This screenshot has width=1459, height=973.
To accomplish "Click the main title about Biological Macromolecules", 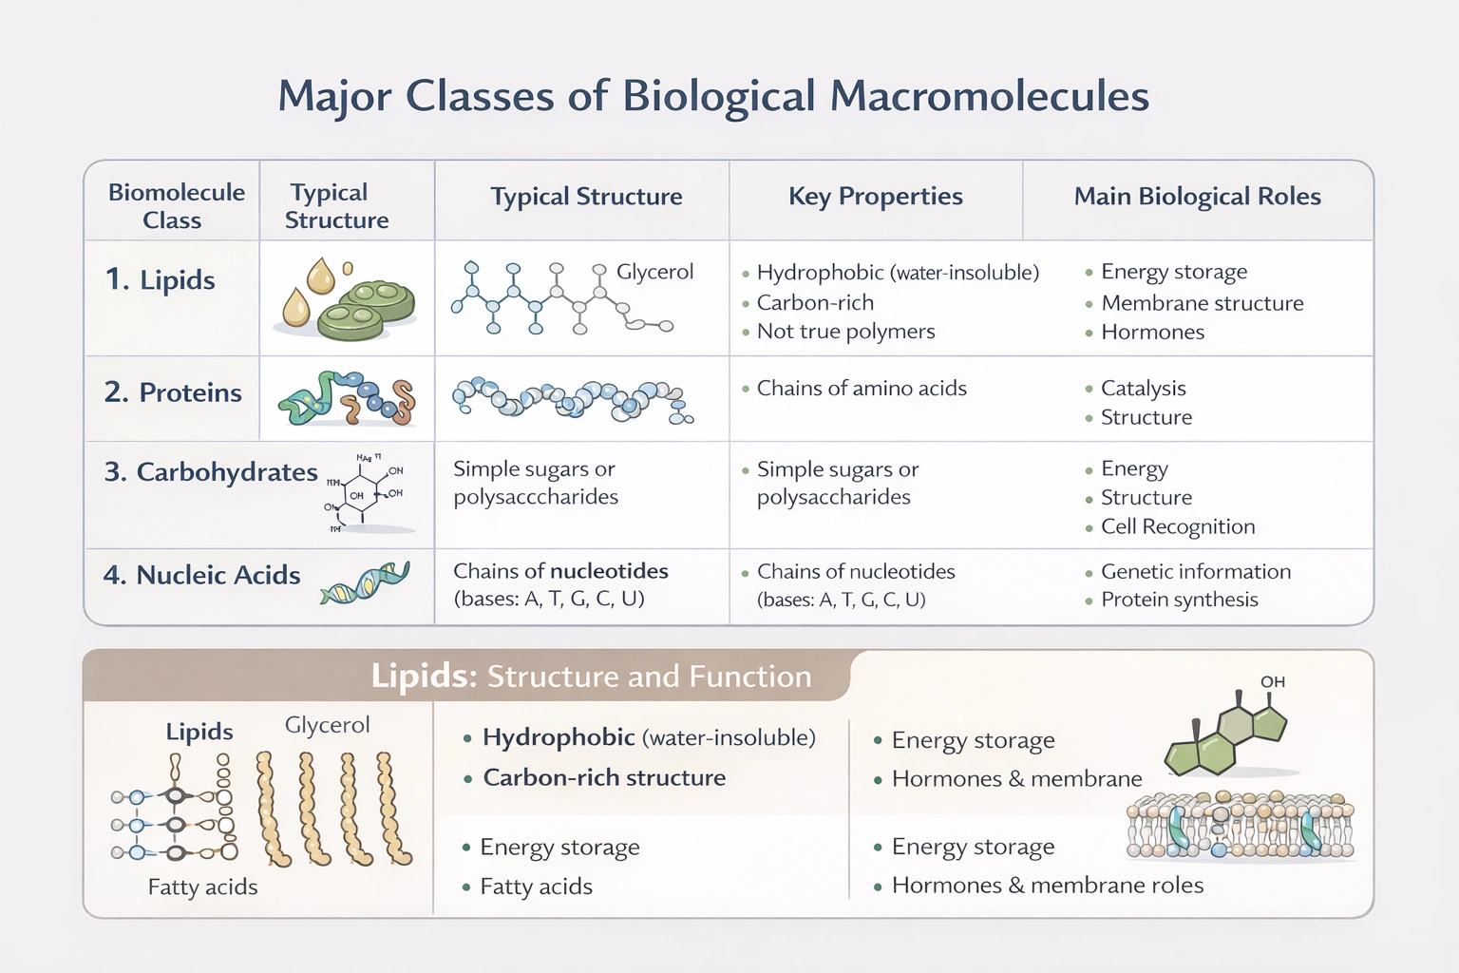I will (713, 97).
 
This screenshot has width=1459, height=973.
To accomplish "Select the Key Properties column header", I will (875, 197).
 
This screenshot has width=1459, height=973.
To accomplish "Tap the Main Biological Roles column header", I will (1197, 197).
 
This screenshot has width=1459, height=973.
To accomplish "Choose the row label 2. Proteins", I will (173, 392).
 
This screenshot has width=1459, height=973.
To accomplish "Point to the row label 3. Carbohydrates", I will (211, 472).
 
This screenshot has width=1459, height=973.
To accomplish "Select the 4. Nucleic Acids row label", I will (201, 575).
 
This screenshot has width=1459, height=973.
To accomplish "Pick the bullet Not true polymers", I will (845, 332).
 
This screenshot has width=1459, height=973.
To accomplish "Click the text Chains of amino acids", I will (862, 389).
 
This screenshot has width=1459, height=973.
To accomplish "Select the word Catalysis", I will (1143, 389).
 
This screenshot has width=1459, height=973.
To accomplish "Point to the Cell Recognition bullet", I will (1178, 526).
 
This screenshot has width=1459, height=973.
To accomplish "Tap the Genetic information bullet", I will (1196, 572).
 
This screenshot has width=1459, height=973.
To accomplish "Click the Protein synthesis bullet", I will (1179, 600).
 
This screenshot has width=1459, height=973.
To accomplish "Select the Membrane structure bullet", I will (1203, 303).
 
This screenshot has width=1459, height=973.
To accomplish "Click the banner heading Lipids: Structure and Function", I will (591, 676).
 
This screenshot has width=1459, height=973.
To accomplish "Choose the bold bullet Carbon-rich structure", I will (604, 778).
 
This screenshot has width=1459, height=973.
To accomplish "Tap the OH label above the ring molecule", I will (1273, 682).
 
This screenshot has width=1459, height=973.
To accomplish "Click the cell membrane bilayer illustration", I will (1240, 826).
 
